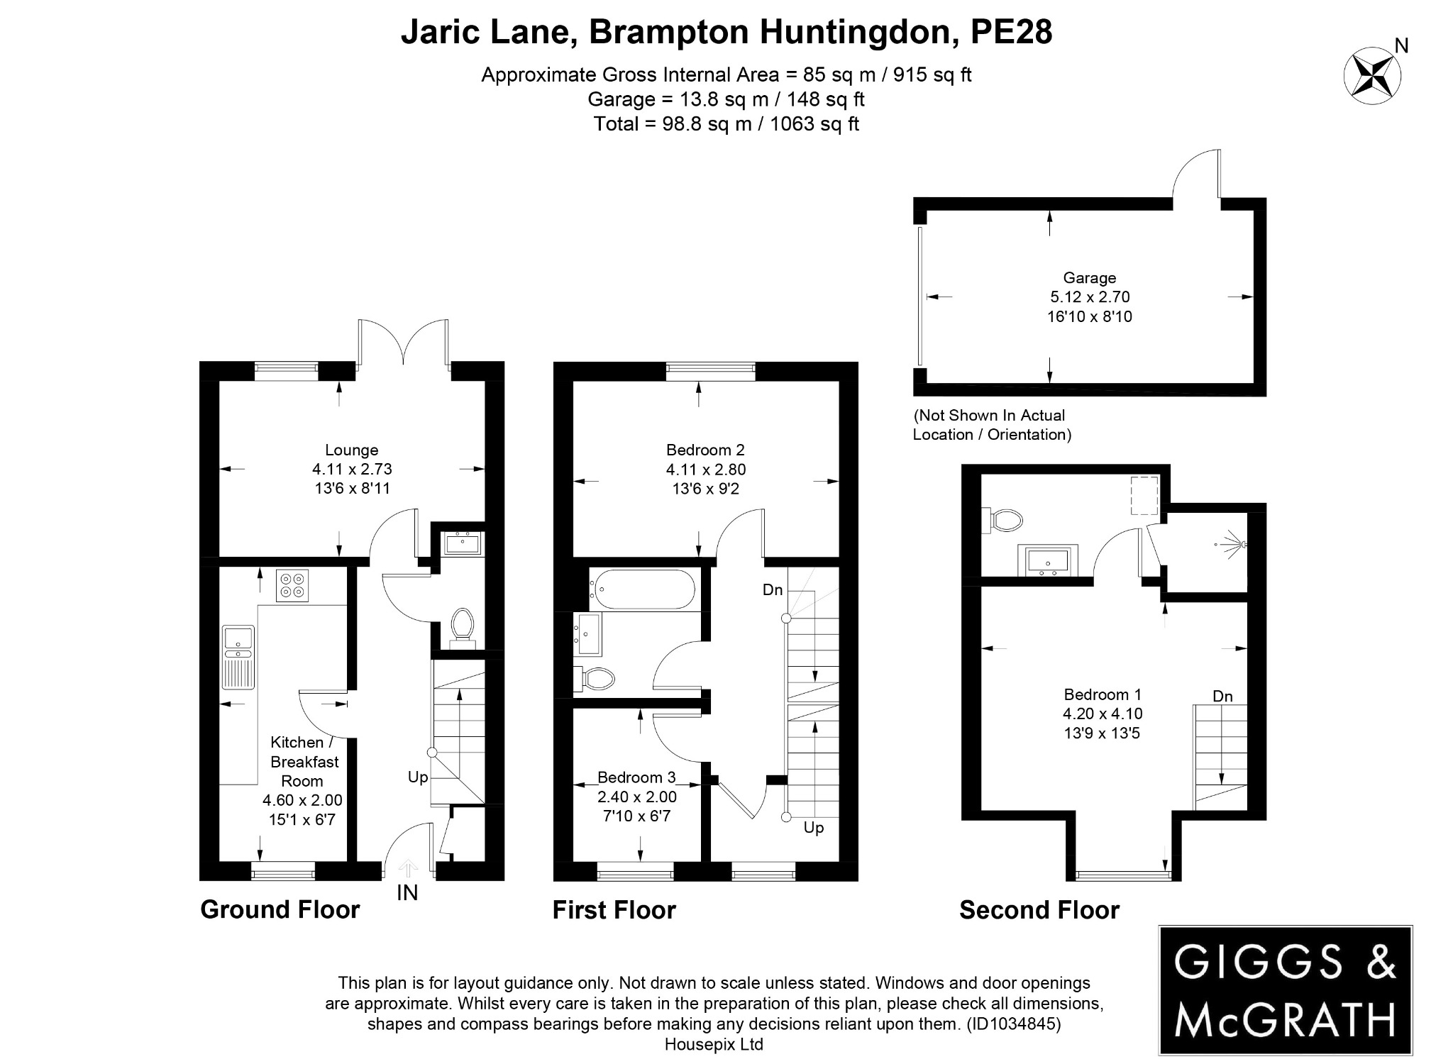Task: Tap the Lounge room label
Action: coord(351,450)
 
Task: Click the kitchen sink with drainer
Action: coord(238,656)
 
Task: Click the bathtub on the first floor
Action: coord(641,589)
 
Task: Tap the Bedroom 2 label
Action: coord(705,450)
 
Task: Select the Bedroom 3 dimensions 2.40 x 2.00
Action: coord(636,797)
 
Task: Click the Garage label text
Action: coord(1089,278)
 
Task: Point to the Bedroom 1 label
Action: coord(1102,694)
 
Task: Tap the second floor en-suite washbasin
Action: coord(1048,560)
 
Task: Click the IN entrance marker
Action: coord(407,892)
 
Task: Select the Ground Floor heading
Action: coord(280,909)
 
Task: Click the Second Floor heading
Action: coord(1039,910)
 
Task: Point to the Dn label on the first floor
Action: coord(773,589)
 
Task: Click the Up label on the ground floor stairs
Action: coord(418,777)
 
